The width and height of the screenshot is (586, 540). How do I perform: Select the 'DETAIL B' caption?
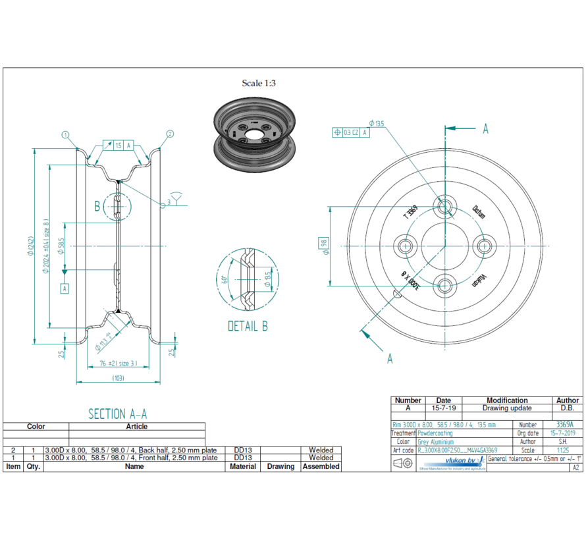248,326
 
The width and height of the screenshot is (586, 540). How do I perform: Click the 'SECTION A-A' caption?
117,414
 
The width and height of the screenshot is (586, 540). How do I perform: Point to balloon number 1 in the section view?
65,134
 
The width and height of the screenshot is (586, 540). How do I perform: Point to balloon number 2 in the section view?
170,134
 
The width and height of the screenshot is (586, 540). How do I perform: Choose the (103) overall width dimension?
119,379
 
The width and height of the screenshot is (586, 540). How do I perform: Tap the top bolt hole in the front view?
446,206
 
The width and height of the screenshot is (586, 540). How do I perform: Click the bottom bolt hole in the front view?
446,286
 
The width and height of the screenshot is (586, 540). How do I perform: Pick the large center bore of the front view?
446,246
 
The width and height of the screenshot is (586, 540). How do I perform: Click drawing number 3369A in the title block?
564,425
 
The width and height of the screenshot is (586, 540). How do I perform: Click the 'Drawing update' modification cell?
506,408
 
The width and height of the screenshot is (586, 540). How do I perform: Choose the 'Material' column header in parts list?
242,466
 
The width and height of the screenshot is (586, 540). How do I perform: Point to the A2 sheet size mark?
576,468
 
